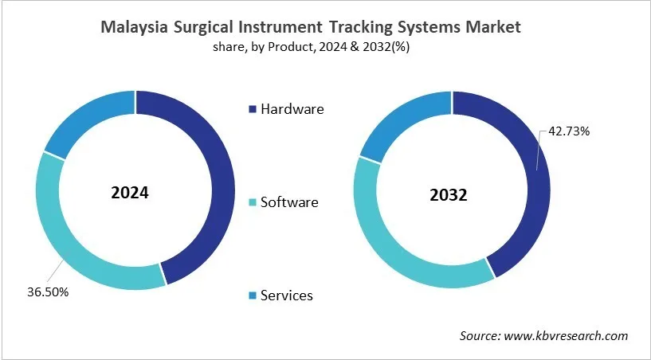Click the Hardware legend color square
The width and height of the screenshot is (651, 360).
tap(253, 109)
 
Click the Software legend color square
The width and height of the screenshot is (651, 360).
tap(253, 202)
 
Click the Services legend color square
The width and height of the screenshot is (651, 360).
tap(253, 295)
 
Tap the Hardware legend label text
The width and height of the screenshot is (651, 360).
tap(292, 109)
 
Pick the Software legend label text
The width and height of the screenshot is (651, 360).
tap(289, 202)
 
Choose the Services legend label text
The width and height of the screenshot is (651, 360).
tap(287, 295)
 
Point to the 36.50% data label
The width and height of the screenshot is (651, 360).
tap(47, 292)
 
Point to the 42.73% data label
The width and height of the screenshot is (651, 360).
tap(569, 131)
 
